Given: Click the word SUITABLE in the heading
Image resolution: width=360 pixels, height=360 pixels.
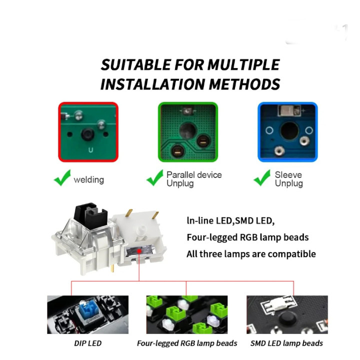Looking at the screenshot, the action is click(x=135, y=64).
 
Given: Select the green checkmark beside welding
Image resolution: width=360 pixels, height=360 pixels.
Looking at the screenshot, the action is click(x=62, y=177).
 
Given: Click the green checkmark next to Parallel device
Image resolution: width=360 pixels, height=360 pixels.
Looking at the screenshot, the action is click(x=154, y=177).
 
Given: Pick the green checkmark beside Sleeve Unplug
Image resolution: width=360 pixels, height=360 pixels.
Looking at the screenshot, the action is click(x=262, y=177).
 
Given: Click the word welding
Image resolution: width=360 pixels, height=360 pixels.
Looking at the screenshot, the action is click(x=89, y=180).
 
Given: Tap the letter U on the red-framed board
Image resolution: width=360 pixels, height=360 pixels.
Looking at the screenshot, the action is click(x=90, y=150).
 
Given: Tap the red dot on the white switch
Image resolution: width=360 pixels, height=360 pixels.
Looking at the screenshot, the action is click(x=139, y=251).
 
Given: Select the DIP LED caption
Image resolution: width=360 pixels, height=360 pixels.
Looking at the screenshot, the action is click(x=87, y=343).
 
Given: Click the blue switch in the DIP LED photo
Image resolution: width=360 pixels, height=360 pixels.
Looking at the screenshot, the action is click(x=87, y=309).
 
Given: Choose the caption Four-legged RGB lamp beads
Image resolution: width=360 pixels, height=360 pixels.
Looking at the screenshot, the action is click(x=187, y=343).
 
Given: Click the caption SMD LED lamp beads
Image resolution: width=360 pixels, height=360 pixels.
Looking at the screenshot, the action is click(x=286, y=343).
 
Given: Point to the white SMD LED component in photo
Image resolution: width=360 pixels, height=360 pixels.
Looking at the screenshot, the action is click(x=278, y=304).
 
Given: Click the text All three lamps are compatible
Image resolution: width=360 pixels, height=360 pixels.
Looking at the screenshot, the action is click(x=251, y=254).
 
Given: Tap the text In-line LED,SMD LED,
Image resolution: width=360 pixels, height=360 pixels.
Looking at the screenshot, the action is click(x=230, y=220).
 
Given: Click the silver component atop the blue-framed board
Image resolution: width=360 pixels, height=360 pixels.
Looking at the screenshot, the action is click(x=289, y=110).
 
